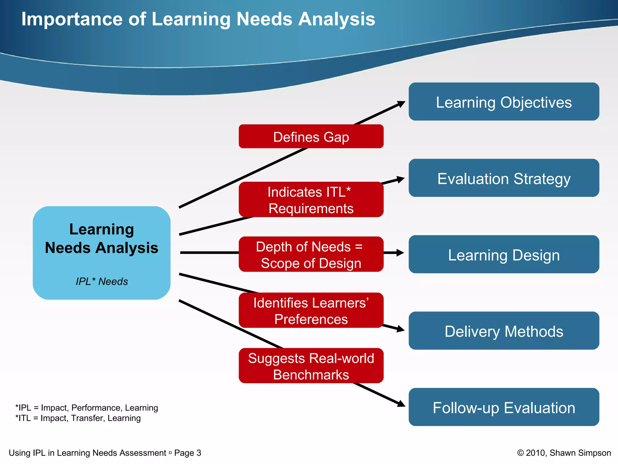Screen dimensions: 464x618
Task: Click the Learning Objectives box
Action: click(504, 102)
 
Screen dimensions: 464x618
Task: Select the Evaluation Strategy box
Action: click(504, 178)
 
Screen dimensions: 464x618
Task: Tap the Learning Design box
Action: click(504, 255)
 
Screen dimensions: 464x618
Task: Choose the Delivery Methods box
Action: click(504, 331)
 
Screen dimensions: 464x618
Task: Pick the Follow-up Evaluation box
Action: click(504, 407)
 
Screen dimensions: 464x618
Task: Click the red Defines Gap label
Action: click(311, 137)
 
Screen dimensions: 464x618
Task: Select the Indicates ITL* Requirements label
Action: click(311, 200)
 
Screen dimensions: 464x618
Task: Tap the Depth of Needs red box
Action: click(311, 254)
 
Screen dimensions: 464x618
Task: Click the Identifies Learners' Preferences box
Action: click(311, 311)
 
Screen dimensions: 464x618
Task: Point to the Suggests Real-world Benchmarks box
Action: click(311, 366)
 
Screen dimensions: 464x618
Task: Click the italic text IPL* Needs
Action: click(102, 282)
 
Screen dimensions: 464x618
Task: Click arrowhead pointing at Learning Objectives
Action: click(401, 104)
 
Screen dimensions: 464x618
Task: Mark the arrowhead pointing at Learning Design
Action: click(400, 253)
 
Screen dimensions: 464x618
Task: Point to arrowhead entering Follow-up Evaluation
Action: click(401, 404)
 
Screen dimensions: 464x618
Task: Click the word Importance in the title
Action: click(72, 19)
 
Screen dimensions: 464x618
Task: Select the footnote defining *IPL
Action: click(87, 408)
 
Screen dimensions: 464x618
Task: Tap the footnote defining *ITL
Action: click(78, 418)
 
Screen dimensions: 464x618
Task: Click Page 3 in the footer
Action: click(187, 453)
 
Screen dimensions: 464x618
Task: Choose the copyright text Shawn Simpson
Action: click(580, 453)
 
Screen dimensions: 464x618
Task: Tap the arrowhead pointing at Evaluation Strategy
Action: click(400, 179)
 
